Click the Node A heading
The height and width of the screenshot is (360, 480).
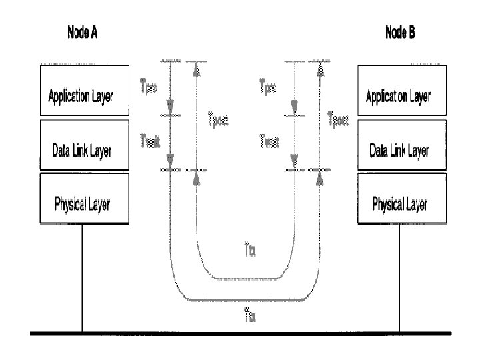click(x=83, y=32)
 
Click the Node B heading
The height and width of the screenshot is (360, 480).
click(x=400, y=32)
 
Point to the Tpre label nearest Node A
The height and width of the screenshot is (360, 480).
click(x=149, y=85)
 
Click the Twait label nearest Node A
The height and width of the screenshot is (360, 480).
click(x=150, y=139)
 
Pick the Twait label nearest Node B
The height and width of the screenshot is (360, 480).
click(x=269, y=139)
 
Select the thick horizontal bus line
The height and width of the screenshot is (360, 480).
click(x=240, y=332)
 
